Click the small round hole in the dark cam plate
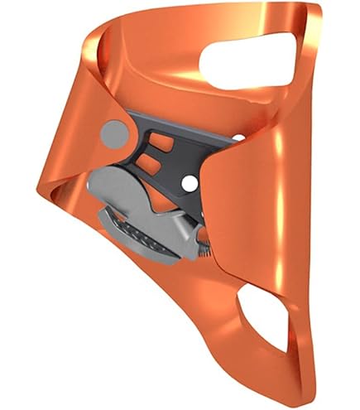(190, 181)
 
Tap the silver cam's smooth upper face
(153, 195)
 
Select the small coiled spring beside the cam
(202, 245)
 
